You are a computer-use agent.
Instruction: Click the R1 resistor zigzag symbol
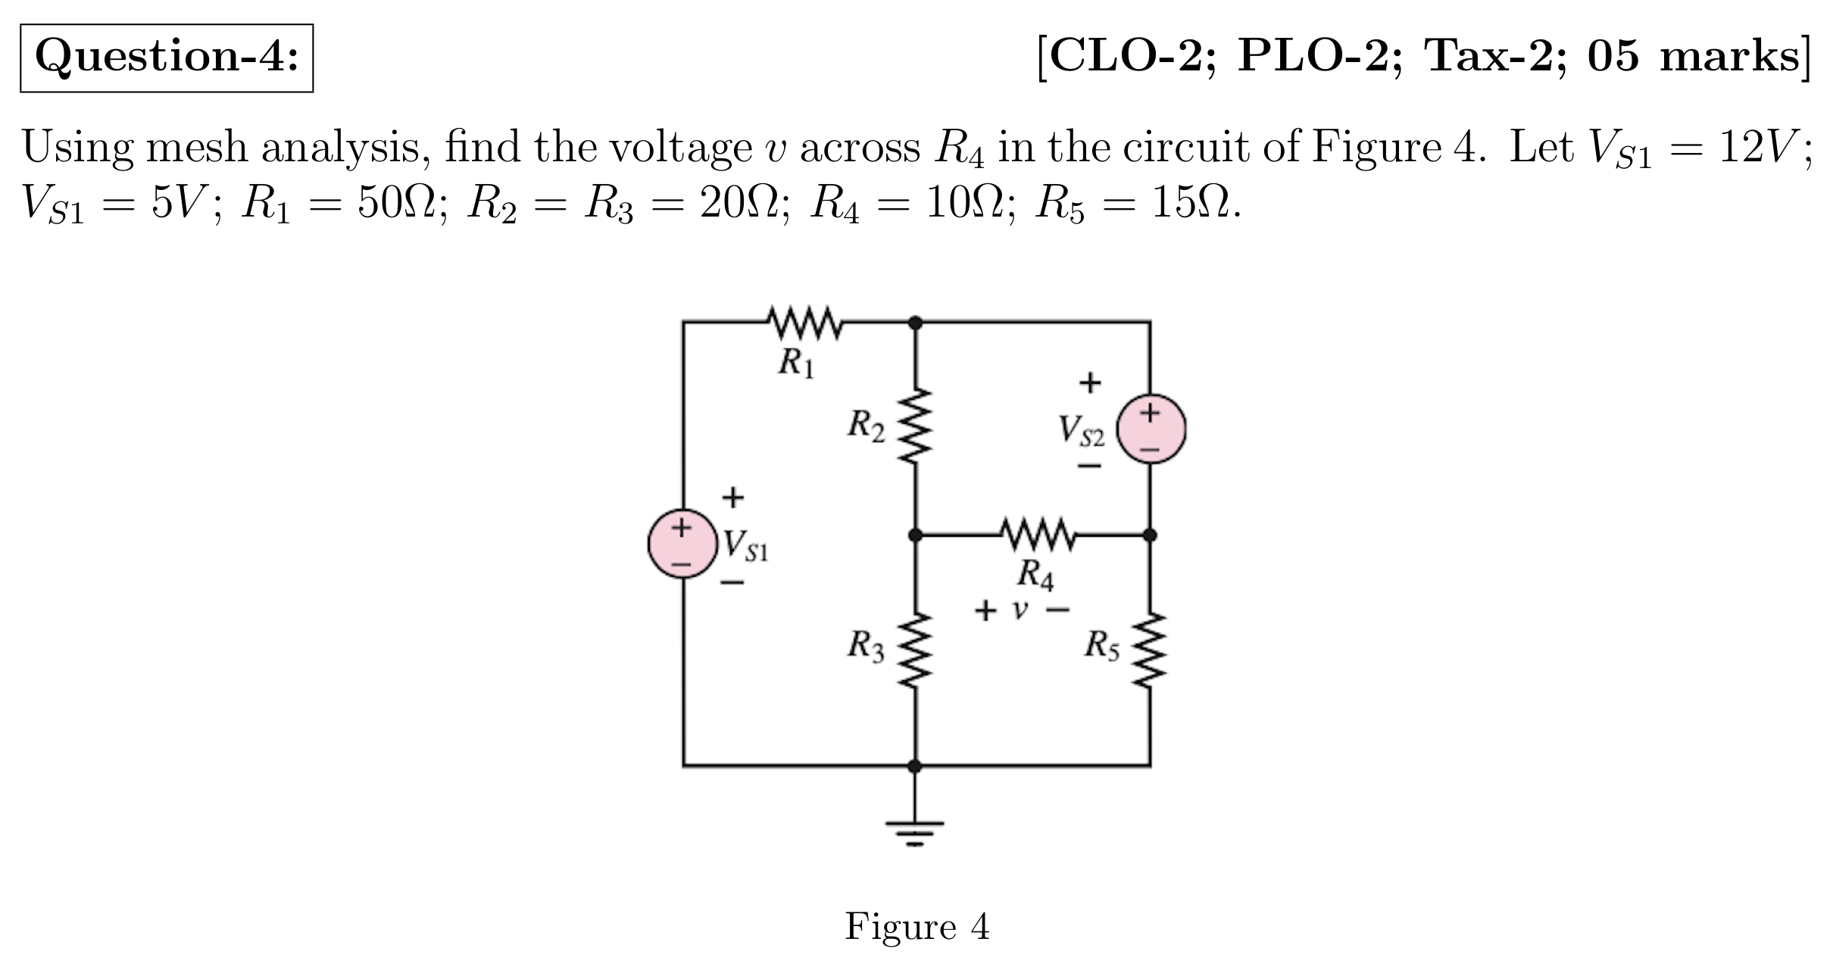[805, 323]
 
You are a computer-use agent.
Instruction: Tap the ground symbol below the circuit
[915, 830]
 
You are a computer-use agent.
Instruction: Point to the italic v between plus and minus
[1021, 609]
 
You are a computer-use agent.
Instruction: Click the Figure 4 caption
[917, 925]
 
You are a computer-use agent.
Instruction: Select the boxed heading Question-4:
[167, 58]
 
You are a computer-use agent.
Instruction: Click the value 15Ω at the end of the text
[1193, 203]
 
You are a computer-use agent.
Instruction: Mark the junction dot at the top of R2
[915, 323]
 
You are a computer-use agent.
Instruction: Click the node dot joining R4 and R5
[1149, 535]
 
